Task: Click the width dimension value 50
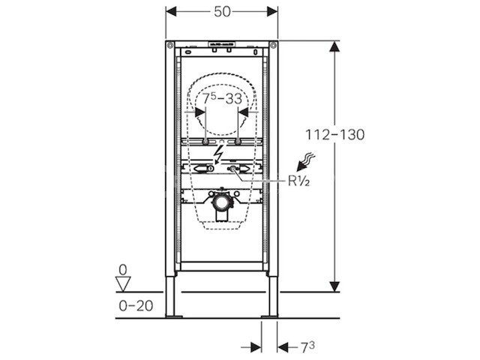tap(222, 13)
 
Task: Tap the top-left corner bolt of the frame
tap(172, 43)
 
